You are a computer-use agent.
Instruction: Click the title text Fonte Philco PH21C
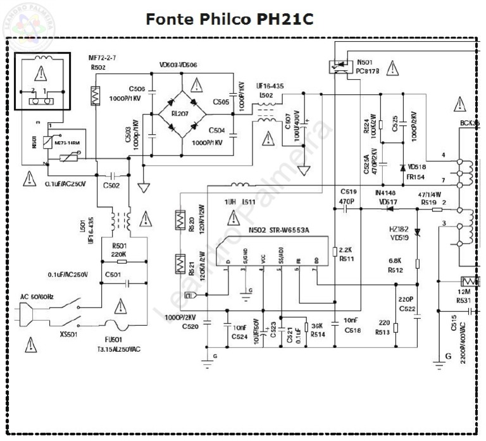tap(229, 19)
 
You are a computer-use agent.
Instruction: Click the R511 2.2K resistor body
tap(334, 253)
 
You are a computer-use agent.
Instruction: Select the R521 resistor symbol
tap(178, 262)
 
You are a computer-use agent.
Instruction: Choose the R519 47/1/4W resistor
tap(437, 209)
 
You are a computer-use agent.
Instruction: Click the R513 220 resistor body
tap(395, 328)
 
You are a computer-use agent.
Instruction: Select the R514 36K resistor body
tap(306, 327)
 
